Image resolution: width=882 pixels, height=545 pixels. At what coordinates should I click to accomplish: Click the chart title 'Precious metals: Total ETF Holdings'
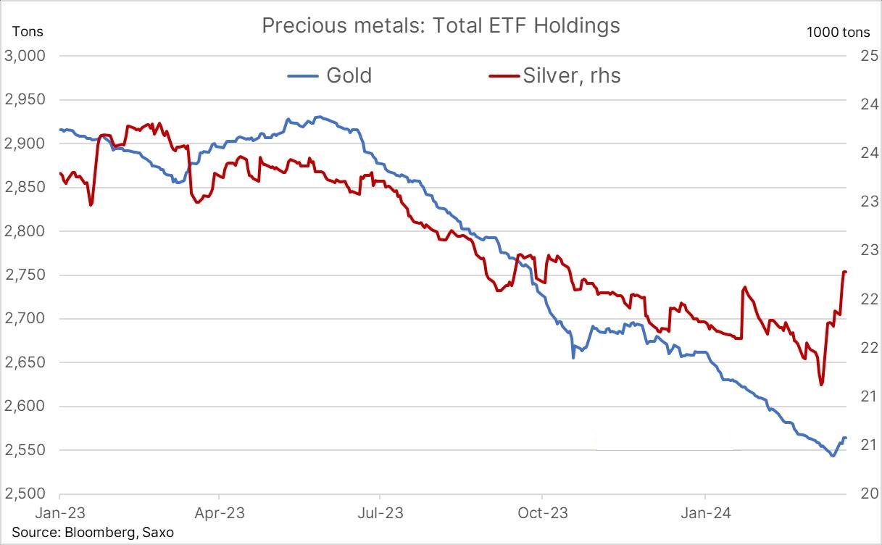point(441,26)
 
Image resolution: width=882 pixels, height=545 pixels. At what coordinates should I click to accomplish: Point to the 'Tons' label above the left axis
point(28,31)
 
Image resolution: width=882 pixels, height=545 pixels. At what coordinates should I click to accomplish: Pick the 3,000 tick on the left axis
point(25,57)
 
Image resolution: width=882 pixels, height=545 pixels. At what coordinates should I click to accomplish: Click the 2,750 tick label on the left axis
point(25,275)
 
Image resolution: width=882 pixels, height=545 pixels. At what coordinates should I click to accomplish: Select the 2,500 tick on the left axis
point(25,494)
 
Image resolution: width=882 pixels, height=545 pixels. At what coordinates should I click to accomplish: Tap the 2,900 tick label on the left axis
point(25,144)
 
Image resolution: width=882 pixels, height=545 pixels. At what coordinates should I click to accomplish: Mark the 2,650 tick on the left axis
point(25,363)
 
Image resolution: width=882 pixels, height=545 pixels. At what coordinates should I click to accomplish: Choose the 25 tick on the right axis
point(869,57)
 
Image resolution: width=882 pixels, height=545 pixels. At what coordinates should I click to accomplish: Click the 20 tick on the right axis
point(869,494)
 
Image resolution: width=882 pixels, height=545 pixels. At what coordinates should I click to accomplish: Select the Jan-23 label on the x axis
point(60,513)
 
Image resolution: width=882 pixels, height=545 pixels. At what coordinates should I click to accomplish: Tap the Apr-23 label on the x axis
point(219,513)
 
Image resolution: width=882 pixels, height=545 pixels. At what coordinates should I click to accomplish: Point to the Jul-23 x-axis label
point(380,513)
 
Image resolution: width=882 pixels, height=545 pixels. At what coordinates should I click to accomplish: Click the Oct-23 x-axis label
point(542,513)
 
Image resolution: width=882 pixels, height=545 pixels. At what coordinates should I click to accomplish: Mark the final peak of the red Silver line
point(844,272)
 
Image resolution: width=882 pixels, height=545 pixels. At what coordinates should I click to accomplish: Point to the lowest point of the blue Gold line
point(833,455)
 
